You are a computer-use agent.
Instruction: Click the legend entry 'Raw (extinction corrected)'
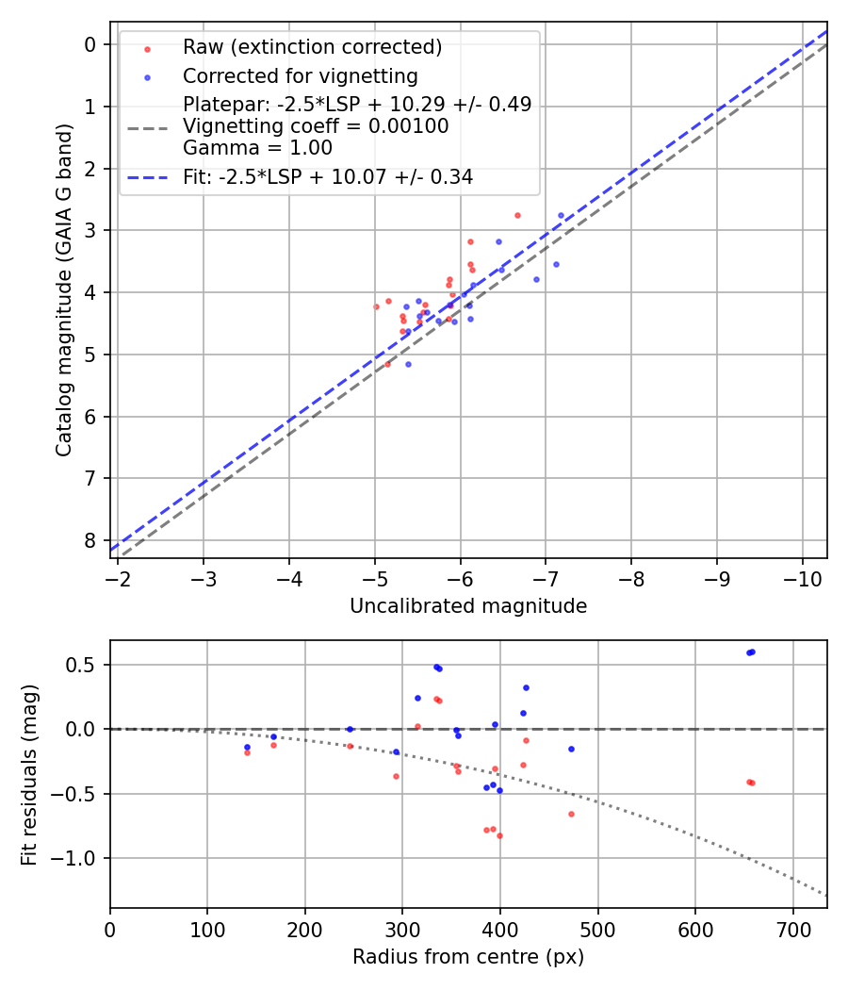[312, 47]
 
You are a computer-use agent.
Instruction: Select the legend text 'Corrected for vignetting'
[301, 75]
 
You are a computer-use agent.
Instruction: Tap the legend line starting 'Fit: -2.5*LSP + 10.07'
[328, 176]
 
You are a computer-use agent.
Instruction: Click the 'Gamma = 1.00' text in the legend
[257, 147]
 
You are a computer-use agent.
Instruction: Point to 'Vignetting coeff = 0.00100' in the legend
[316, 125]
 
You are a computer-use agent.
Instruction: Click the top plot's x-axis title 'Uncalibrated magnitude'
[468, 606]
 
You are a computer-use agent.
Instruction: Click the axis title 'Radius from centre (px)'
[468, 957]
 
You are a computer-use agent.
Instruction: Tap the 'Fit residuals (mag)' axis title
[30, 774]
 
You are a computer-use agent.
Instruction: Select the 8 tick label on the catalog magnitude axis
[90, 540]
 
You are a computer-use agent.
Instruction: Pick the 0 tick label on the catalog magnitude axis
[90, 44]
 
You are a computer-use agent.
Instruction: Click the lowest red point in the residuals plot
[499, 835]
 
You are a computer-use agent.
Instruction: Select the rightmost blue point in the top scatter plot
[561, 215]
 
